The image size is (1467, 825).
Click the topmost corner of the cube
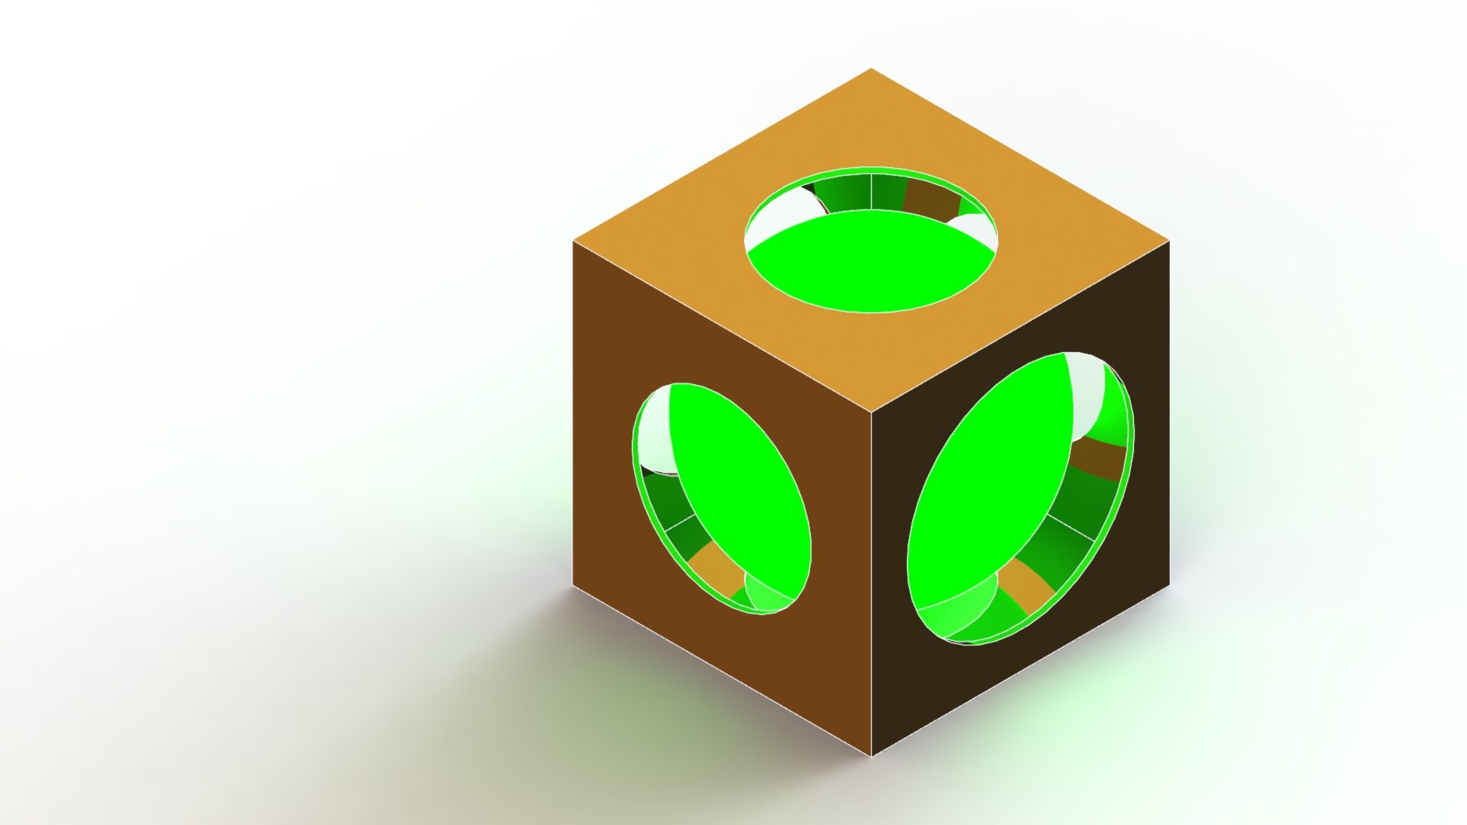pyautogui.click(x=872, y=69)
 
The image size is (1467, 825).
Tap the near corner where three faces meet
pyautogui.click(x=872, y=412)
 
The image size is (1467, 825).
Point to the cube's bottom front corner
pyautogui.click(x=872, y=755)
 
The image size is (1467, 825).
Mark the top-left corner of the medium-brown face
pyautogui.click(x=574, y=241)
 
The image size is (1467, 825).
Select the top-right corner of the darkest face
pyautogui.click(x=1169, y=241)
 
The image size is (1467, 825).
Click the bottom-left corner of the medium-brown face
pyautogui.click(x=574, y=586)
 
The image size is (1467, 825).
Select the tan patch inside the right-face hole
pyautogui.click(x=1027, y=584)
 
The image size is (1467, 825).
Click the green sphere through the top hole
pyautogui.click(x=871, y=264)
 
